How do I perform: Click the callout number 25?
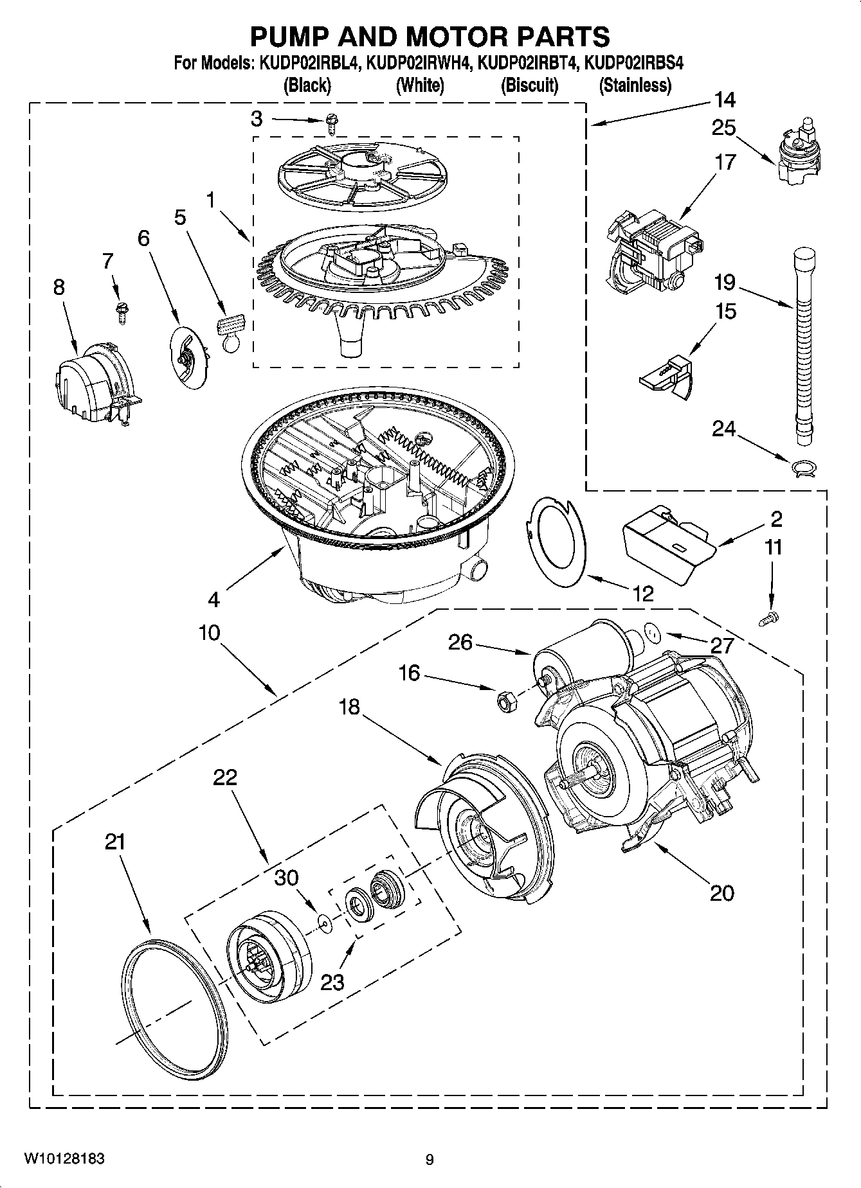[x=723, y=128]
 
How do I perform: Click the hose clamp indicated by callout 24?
[x=803, y=468]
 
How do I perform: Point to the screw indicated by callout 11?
[x=768, y=618]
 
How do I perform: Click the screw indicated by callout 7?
[x=120, y=310]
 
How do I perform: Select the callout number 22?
[x=226, y=777]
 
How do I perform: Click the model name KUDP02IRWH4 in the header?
[x=419, y=64]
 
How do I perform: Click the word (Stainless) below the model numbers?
[x=635, y=85]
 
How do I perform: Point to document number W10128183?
[x=64, y=1158]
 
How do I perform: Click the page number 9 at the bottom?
[x=430, y=1159]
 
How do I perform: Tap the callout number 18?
[x=350, y=707]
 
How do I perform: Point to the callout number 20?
[x=722, y=892]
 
